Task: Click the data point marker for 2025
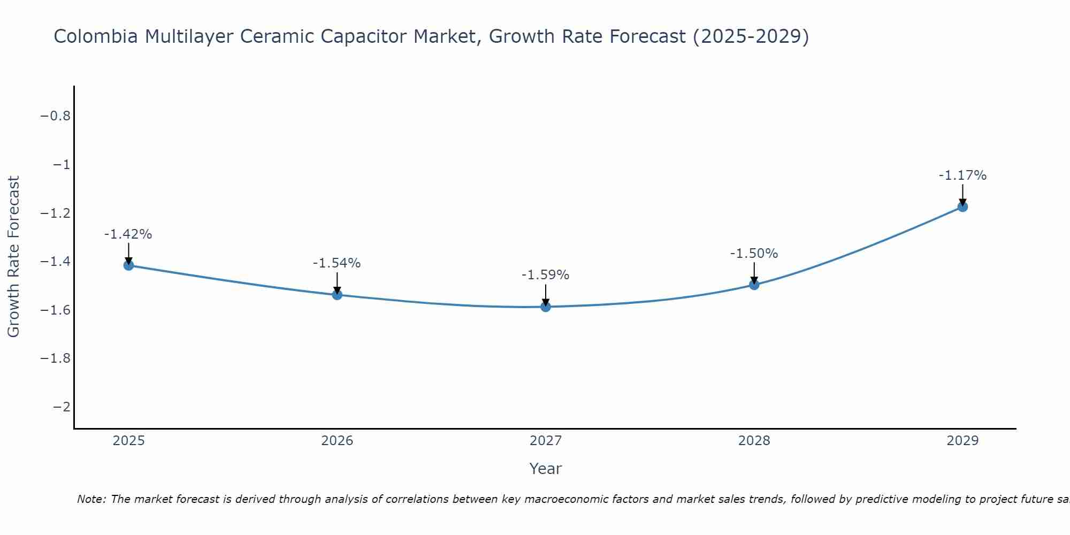[128, 265]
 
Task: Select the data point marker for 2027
[546, 307]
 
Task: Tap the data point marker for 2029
[962, 207]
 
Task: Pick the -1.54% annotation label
[337, 263]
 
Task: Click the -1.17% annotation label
[962, 175]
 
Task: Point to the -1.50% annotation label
[754, 254]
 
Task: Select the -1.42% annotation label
[128, 234]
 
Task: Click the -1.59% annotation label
[545, 275]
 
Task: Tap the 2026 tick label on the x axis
[337, 441]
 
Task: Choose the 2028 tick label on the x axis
[754, 441]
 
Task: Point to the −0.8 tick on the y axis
[56, 116]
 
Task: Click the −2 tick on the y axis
[62, 407]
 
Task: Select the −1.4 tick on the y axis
[56, 262]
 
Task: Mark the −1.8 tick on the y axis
[56, 358]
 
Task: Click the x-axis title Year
[545, 469]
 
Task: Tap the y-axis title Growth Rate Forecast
[13, 257]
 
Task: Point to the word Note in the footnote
[91, 499]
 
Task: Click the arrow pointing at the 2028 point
[754, 273]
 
